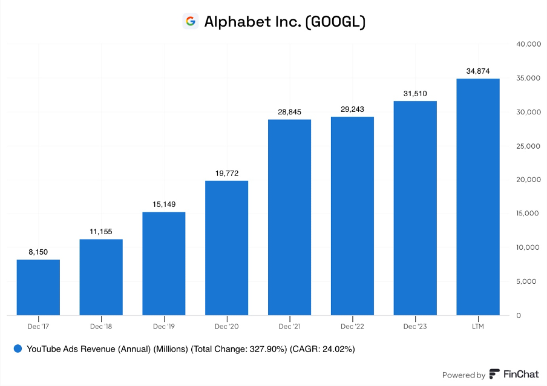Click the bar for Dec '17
(38, 287)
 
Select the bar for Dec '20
(227, 248)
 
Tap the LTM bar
(478, 197)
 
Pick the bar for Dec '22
(352, 216)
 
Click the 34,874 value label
(478, 71)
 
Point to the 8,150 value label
(38, 252)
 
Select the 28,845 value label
(289, 112)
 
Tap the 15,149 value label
(164, 204)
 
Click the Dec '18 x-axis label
(101, 327)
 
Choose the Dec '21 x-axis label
(289, 327)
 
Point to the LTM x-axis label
(478, 327)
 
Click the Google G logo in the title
(191, 22)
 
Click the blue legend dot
(18, 349)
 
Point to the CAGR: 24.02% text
(322, 349)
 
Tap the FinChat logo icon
(494, 374)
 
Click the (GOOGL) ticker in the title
(335, 22)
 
